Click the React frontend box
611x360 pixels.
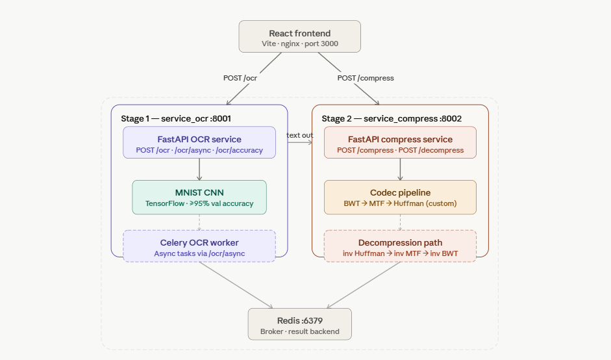point(299,36)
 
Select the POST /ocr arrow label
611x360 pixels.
point(241,78)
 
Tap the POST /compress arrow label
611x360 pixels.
point(366,78)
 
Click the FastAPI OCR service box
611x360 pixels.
point(199,142)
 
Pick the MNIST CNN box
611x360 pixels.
point(199,197)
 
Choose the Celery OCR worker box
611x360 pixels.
point(199,246)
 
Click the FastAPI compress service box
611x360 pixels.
point(400,142)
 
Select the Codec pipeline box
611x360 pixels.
point(400,197)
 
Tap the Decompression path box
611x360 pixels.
point(400,246)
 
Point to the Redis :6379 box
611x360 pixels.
point(299,324)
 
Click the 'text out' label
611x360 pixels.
point(300,135)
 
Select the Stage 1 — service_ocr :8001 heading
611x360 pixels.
point(176,118)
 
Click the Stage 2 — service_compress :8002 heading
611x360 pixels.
point(392,118)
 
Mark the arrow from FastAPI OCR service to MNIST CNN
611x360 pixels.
point(199,169)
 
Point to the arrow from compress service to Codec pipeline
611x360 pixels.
point(400,169)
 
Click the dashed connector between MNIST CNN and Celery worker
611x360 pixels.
point(199,222)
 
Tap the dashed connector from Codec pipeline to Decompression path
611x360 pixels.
point(400,222)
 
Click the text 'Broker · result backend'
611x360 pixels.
point(299,331)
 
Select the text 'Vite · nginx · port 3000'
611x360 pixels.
point(299,44)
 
